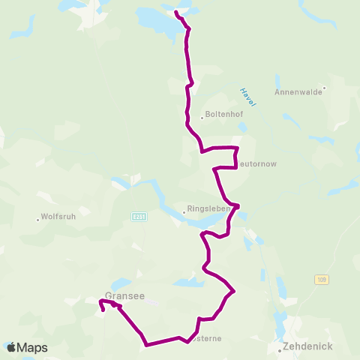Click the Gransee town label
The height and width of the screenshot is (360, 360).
pyautogui.click(x=124, y=295)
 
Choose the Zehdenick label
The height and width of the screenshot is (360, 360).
pyautogui.click(x=307, y=347)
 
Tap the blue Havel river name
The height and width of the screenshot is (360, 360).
pyautogui.click(x=247, y=97)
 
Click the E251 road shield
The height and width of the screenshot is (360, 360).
pyautogui.click(x=138, y=216)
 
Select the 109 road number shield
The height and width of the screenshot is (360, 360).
pyautogui.click(x=321, y=279)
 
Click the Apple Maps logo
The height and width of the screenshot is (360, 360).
pyautogui.click(x=27, y=347)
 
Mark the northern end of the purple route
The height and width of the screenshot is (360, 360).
pyautogui.click(x=175, y=13)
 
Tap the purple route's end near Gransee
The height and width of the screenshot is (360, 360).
pyautogui.click(x=103, y=309)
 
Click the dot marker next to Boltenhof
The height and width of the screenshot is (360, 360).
pyautogui.click(x=202, y=116)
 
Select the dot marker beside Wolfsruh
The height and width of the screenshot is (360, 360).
pyautogui.click(x=38, y=220)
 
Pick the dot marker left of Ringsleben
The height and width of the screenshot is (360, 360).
pyautogui.click(x=184, y=211)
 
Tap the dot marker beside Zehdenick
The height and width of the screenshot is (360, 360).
pyautogui.click(x=280, y=347)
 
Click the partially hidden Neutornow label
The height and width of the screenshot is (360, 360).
pyautogui.click(x=258, y=161)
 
